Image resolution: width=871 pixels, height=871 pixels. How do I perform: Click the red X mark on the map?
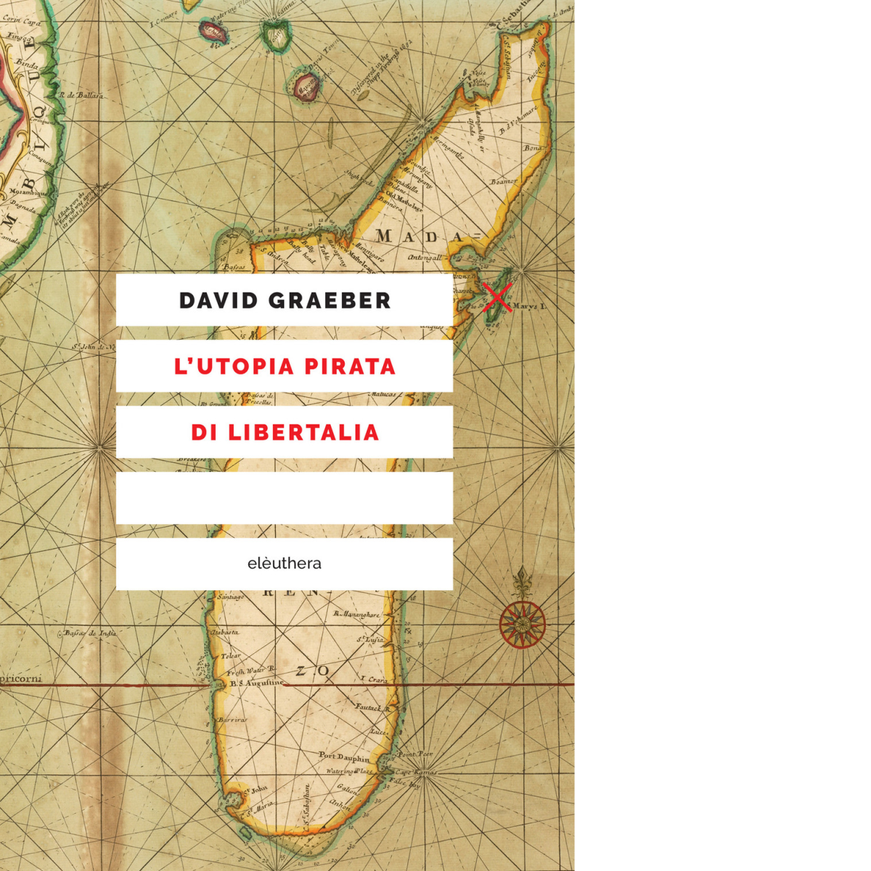pyautogui.click(x=497, y=298)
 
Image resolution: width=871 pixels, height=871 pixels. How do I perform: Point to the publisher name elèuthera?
pyautogui.click(x=285, y=563)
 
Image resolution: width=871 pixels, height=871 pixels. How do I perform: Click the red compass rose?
pyautogui.click(x=523, y=623)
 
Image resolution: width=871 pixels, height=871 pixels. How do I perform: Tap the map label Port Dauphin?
pyautogui.click(x=344, y=756)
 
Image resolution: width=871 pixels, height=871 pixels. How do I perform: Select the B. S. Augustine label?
pyautogui.click(x=256, y=683)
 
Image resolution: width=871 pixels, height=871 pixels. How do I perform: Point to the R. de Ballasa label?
pyautogui.click(x=81, y=95)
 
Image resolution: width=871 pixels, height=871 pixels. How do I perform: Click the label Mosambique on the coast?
pyautogui.click(x=28, y=194)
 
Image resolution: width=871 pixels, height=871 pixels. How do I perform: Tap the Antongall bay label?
pyautogui.click(x=425, y=257)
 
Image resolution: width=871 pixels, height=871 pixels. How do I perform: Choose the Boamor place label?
pyautogui.click(x=504, y=181)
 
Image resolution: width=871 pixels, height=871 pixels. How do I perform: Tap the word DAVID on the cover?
pyautogui.click(x=215, y=300)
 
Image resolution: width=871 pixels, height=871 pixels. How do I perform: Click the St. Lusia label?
pyautogui.click(x=369, y=639)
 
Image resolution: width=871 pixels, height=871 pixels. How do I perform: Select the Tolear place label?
pyautogui.click(x=230, y=655)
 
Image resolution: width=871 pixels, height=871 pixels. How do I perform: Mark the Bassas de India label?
pyautogui.click(x=90, y=633)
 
